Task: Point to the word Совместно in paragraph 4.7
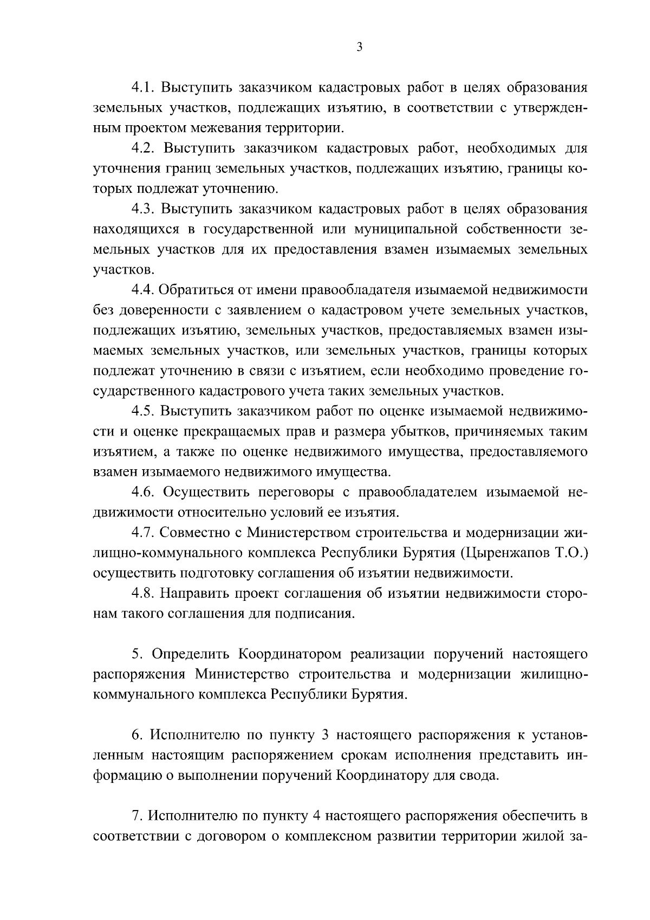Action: pos(194,533)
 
